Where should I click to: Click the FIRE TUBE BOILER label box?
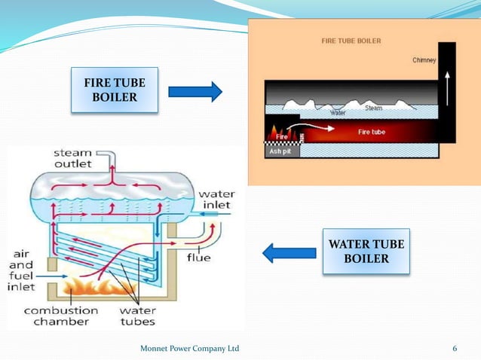pyautogui.click(x=115, y=90)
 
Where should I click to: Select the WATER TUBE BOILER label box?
pyautogui.click(x=366, y=252)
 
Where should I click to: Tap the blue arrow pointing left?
pyautogui.click(x=289, y=253)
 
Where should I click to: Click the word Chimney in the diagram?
pyautogui.click(x=424, y=60)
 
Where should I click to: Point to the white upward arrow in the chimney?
pyautogui.click(x=446, y=85)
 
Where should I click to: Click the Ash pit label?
pyautogui.click(x=280, y=151)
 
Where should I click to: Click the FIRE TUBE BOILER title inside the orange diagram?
pyautogui.click(x=351, y=41)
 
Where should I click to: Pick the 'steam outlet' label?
pyautogui.click(x=74, y=159)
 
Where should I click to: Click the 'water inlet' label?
pyautogui.click(x=216, y=200)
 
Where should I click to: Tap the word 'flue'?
pyautogui.click(x=199, y=258)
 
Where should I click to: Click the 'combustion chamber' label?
pyautogui.click(x=60, y=316)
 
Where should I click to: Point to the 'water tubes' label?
pyautogui.click(x=137, y=316)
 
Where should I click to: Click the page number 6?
pyautogui.click(x=455, y=348)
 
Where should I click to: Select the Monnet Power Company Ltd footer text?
pyautogui.click(x=190, y=348)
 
